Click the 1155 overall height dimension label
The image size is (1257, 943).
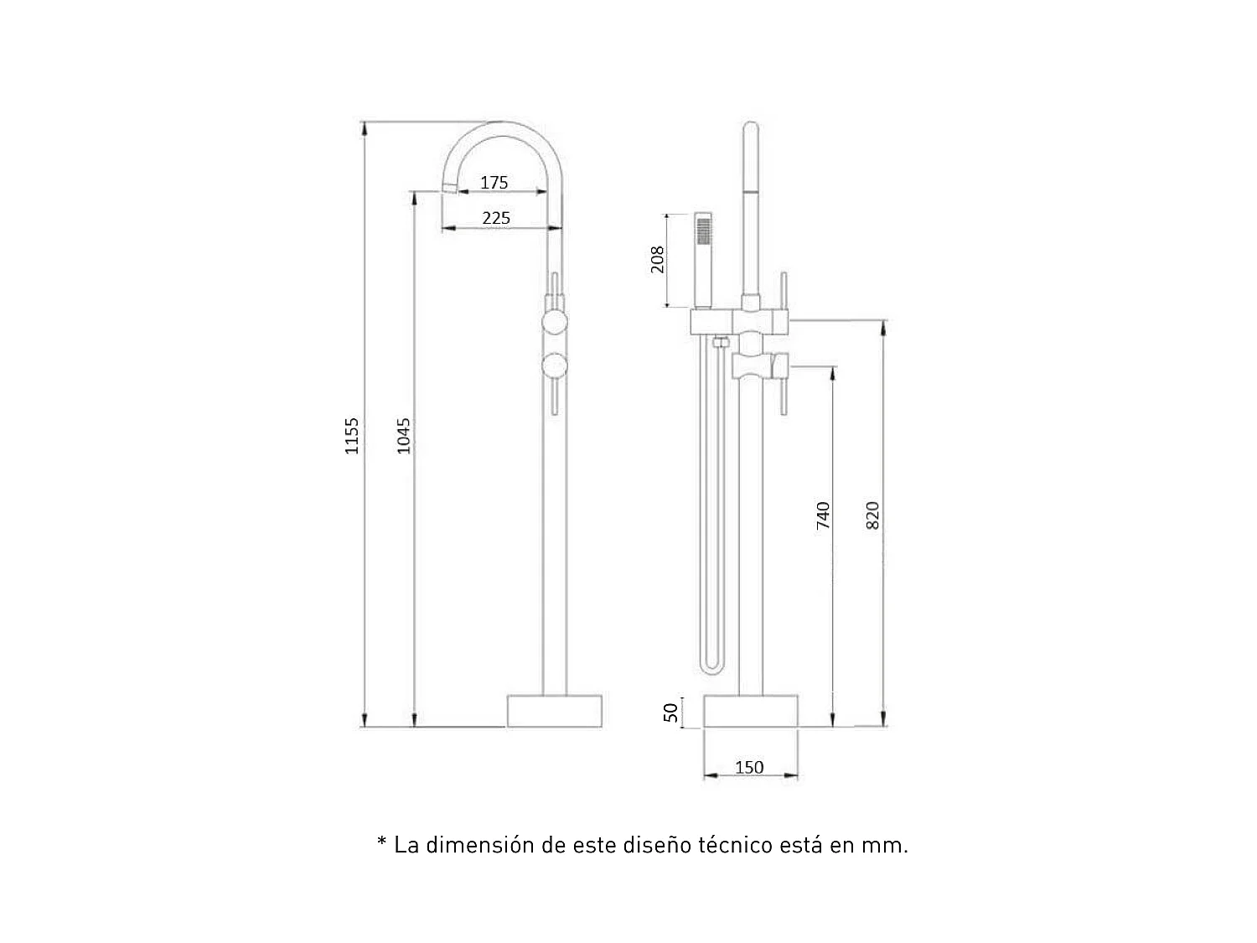(352, 436)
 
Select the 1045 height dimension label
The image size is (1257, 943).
(404, 436)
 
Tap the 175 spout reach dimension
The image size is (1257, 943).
(494, 182)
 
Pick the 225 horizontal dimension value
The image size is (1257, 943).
(495, 218)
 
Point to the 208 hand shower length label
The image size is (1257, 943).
(658, 259)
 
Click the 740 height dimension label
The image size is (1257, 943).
(823, 515)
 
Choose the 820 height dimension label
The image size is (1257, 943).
(872, 515)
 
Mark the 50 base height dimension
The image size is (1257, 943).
(670, 712)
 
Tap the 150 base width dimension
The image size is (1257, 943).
(749, 767)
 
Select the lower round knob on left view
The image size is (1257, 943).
(554, 366)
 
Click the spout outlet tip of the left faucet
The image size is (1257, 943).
(449, 187)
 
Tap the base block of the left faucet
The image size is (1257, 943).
(555, 711)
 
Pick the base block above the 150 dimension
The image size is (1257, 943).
(750, 711)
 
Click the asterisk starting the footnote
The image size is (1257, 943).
(382, 842)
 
